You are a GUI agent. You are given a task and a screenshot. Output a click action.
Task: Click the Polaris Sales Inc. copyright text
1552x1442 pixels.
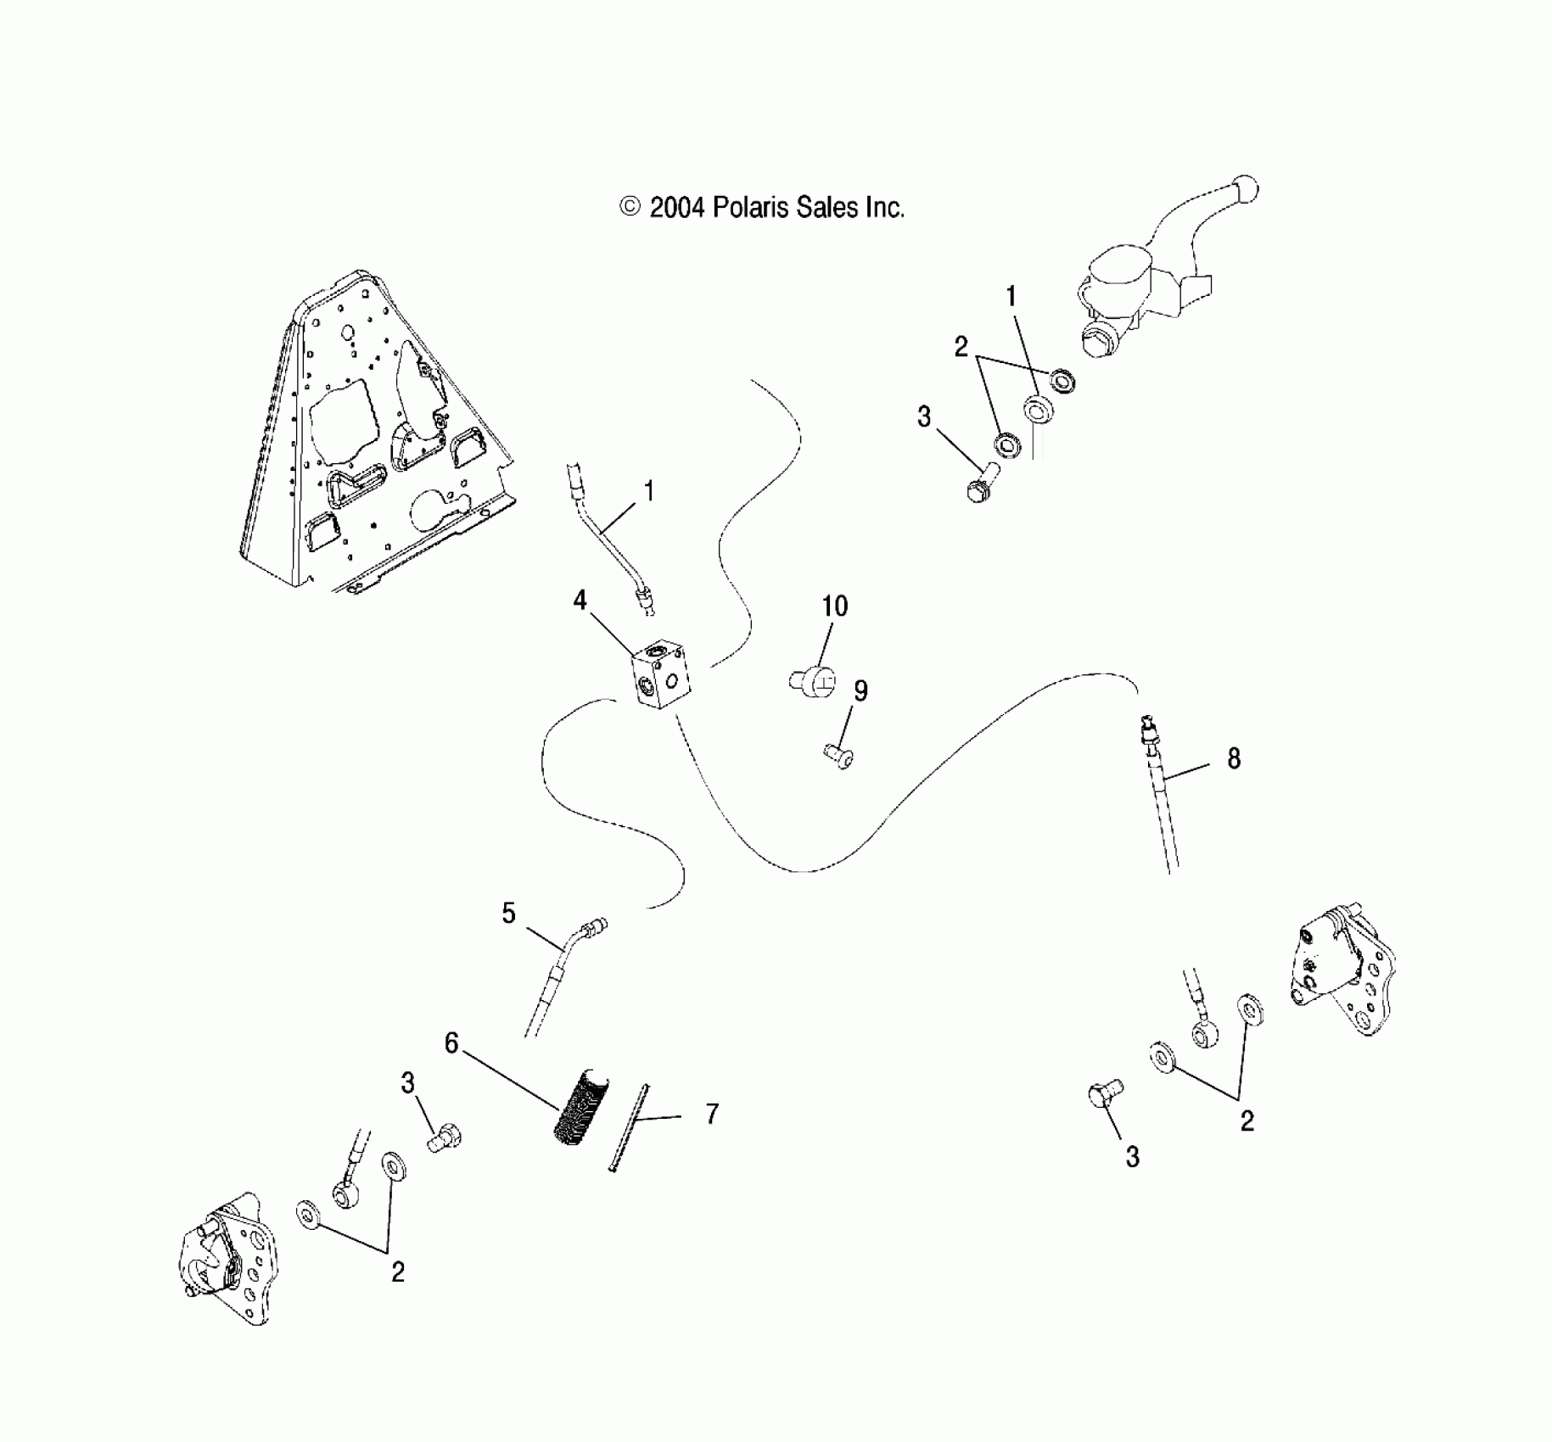click(x=762, y=208)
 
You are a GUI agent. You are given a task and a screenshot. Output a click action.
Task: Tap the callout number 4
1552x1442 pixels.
click(x=580, y=601)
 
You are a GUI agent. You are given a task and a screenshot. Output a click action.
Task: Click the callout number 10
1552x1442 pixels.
click(x=835, y=606)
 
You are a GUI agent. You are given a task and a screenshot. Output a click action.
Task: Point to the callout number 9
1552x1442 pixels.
click(x=860, y=691)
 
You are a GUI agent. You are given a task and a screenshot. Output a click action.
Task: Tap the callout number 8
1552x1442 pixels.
click(x=1234, y=758)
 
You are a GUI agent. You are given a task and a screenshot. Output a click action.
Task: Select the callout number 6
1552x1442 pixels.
click(x=451, y=1043)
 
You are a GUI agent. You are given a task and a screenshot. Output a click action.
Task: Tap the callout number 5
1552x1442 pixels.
click(x=508, y=914)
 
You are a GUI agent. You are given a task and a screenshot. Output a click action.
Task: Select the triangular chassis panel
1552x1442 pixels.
click(x=373, y=441)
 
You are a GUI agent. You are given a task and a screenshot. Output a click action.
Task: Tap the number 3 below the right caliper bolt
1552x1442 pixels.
click(x=1133, y=1157)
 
